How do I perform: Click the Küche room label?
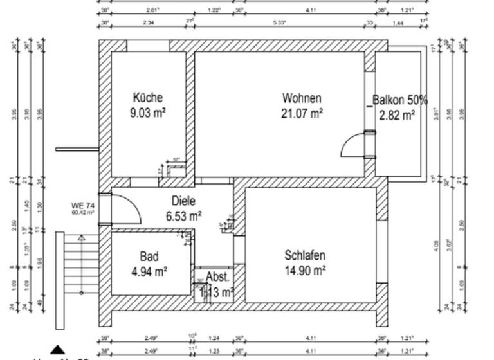pyautogui.click(x=147, y=98)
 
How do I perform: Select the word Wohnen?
pyautogui.click(x=302, y=98)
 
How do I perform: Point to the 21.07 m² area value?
pyautogui.click(x=302, y=114)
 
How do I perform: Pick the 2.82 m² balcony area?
pyautogui.click(x=397, y=116)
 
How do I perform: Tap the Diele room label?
pyautogui.click(x=183, y=201)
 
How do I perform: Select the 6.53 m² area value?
pyautogui.click(x=183, y=216)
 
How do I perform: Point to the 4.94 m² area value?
pyautogui.click(x=149, y=271)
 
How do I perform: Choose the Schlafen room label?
pyautogui.click(x=304, y=255)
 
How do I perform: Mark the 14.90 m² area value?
pyautogui.click(x=304, y=271)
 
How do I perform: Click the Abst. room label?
pyautogui.click(x=217, y=277)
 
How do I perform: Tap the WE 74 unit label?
pyautogui.click(x=83, y=205)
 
